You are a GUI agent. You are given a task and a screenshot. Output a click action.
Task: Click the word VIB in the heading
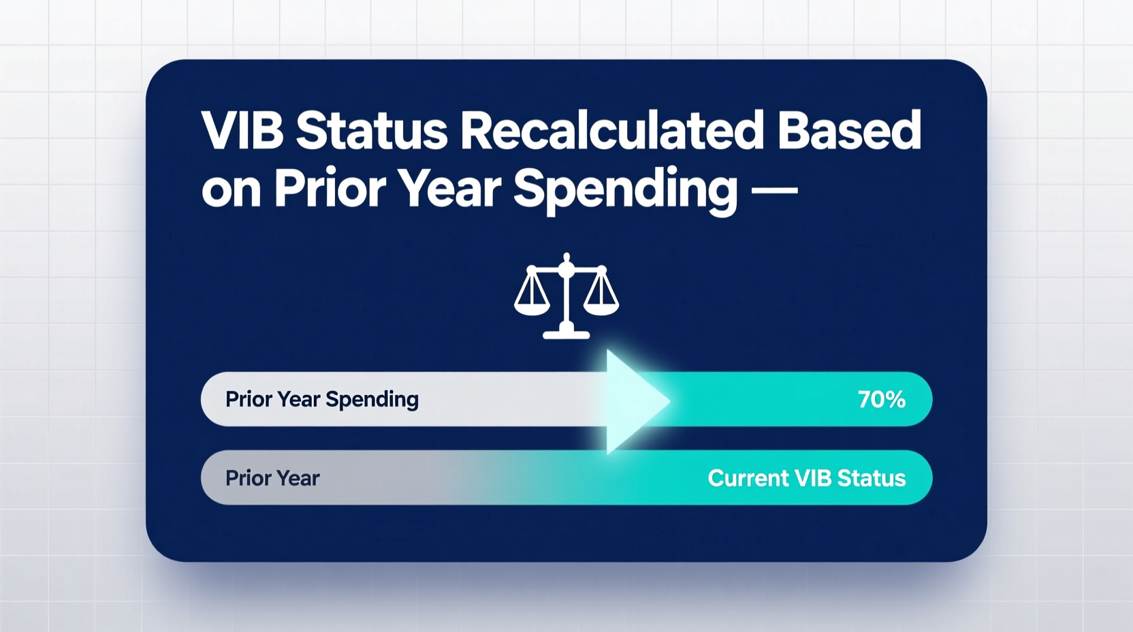(x=242, y=131)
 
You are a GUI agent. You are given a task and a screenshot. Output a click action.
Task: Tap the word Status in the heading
(x=372, y=131)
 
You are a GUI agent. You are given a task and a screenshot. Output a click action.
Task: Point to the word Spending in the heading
(x=625, y=189)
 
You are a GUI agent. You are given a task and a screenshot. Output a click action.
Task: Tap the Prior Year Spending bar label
(x=321, y=400)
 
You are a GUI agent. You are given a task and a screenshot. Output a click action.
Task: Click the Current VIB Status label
(x=806, y=478)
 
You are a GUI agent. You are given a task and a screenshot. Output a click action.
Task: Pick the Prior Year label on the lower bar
(x=272, y=478)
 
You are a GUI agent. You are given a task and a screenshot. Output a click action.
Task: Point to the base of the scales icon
(x=566, y=334)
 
